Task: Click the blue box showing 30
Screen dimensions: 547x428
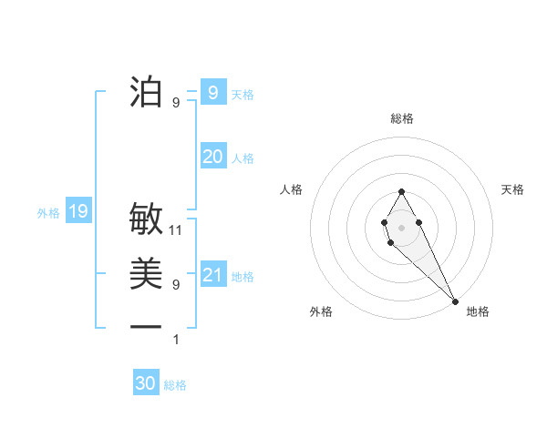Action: tap(146, 383)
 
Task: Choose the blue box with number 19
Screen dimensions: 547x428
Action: tap(77, 212)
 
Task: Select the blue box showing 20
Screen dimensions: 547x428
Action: tap(212, 157)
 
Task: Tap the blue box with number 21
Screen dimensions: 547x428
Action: tap(212, 275)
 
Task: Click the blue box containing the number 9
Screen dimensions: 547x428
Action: tap(212, 92)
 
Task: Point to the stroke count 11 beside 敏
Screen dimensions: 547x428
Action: tap(177, 230)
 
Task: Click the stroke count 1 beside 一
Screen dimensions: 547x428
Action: tap(176, 340)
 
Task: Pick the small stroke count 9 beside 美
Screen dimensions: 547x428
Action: tap(176, 285)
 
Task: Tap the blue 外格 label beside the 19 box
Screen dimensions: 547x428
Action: tap(48, 213)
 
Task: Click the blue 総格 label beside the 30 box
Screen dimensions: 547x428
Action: tap(175, 385)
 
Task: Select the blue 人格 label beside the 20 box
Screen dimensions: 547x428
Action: tap(243, 158)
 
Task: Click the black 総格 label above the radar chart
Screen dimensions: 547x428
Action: tap(401, 118)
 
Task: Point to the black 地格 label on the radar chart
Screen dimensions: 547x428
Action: tap(478, 311)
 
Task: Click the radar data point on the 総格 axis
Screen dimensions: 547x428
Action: tap(401, 191)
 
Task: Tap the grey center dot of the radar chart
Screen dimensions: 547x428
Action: tap(401, 226)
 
